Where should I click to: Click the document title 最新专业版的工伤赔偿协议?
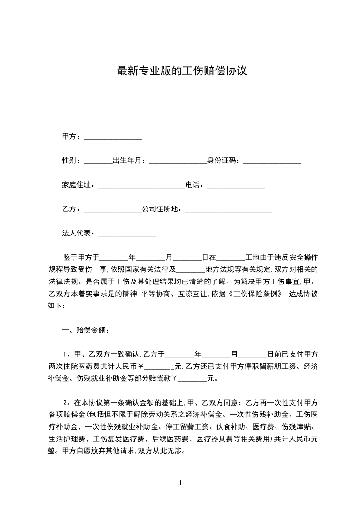pyautogui.click(x=182, y=71)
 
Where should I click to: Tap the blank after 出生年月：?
pyautogui.click(x=178, y=161)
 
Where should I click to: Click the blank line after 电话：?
pyautogui.click(x=236, y=185)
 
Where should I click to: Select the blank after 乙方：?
pyautogui.click(x=113, y=209)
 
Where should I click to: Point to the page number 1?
pyautogui.click(x=180, y=483)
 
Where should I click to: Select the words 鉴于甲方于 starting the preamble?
pyautogui.click(x=81, y=257)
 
